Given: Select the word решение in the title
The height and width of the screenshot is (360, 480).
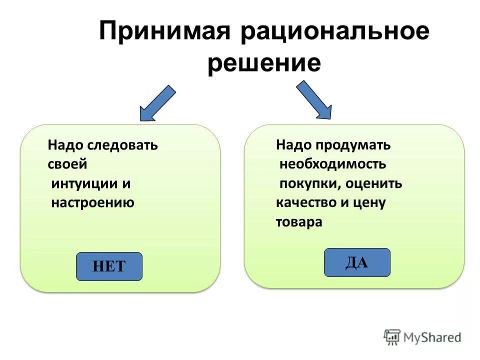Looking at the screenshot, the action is [x=264, y=63].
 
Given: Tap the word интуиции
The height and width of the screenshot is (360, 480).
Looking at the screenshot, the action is [x=84, y=183].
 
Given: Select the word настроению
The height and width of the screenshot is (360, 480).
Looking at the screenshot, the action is [x=93, y=203].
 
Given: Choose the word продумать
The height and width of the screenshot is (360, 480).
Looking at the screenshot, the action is [x=352, y=145].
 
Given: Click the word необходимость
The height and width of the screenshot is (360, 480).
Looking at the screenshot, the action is [x=332, y=164].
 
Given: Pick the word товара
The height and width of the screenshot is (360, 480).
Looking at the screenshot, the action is [x=299, y=222].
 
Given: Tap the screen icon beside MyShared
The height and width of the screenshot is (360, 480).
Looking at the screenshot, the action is [x=392, y=337].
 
